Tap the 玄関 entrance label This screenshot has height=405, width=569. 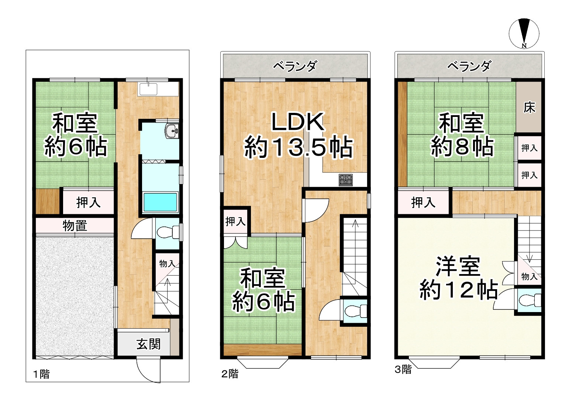tap(149, 344)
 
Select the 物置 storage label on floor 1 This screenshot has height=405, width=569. tap(75, 225)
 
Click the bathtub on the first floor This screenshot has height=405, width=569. tap(160, 202)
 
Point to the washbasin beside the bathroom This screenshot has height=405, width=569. tap(172, 131)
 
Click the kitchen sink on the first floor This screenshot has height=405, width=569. tap(147, 89)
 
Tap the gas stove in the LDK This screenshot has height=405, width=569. tap(346, 180)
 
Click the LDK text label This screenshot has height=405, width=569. tap(298, 122)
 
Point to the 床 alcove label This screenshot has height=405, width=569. tap(530, 107)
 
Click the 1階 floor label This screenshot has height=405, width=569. tap(41, 374)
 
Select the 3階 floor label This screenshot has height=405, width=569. tap(403, 370)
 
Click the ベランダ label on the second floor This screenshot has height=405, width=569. tap(295, 66)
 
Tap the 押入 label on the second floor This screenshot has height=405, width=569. tap(235, 222)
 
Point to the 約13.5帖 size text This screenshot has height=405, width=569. tap(298, 147)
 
